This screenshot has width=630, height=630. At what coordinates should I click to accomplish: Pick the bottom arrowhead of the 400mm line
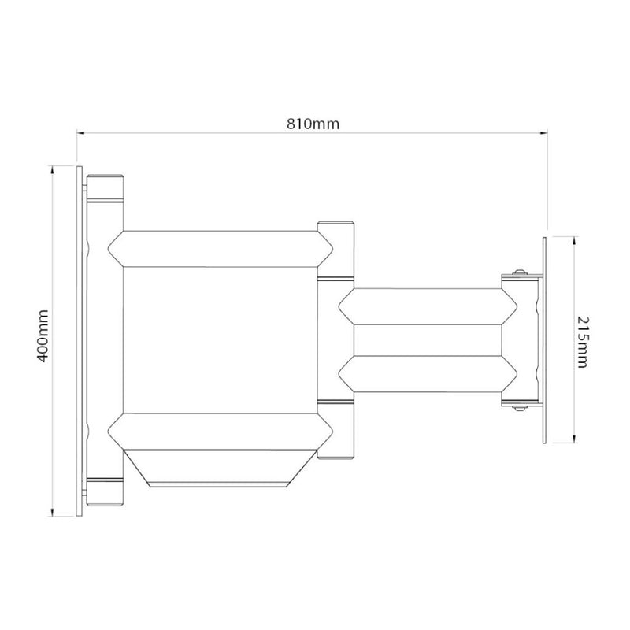52,513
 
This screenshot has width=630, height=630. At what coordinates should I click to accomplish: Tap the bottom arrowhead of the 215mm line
574,440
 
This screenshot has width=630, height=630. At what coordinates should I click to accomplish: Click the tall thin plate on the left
80,341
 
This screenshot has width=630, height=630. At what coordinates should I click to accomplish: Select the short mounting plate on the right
543,339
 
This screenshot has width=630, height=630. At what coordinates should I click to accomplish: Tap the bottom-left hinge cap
105,492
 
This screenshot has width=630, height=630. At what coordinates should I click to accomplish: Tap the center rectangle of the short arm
426,340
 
